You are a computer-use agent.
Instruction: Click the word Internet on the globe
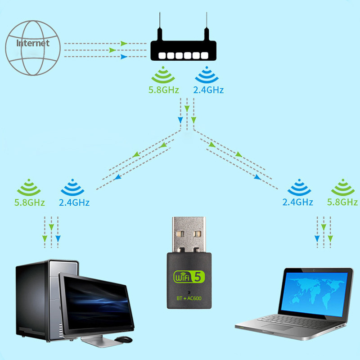coord(32,43)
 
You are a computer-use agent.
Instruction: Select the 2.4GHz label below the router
coord(208,90)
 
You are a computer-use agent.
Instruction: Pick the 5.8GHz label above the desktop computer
coord(30,202)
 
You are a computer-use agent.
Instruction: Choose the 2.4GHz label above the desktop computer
coord(74,202)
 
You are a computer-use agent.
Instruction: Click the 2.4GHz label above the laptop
coord(297,202)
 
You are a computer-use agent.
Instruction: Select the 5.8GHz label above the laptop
coord(343,202)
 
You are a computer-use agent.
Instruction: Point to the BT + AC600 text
coord(189,297)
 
